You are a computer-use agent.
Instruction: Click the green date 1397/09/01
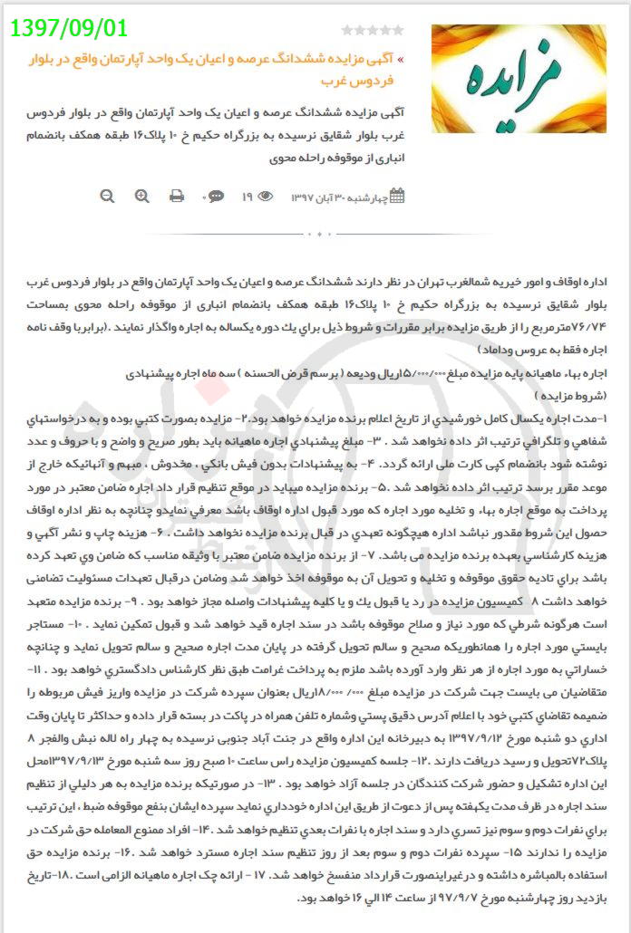69,28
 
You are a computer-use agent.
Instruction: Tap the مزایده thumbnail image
519,78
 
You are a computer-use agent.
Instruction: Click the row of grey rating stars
373,31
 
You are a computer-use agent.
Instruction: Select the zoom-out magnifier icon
108,196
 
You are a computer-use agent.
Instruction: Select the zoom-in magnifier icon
142,196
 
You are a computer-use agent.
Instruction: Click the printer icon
177,196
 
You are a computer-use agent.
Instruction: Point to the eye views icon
266,196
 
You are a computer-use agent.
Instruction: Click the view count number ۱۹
247,196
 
